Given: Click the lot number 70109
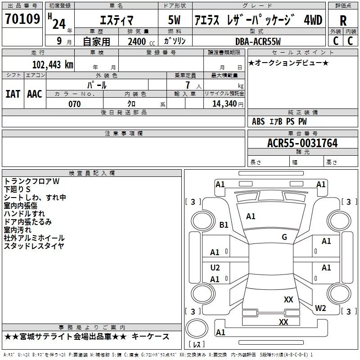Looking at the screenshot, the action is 22,19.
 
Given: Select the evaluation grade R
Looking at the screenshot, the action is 343,21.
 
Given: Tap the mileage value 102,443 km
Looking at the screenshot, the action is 53,65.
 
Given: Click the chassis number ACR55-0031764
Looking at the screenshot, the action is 302,143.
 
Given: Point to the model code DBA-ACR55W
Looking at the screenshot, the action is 258,41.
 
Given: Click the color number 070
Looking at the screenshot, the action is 75,104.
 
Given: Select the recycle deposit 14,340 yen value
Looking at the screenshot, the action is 228,104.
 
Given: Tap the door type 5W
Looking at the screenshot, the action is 174,20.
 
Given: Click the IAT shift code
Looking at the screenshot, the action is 13,94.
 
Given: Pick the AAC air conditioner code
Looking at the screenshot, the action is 35,94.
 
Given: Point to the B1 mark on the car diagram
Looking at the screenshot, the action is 224,225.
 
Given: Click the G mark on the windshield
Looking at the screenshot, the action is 284,237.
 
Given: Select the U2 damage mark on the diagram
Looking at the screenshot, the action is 215,267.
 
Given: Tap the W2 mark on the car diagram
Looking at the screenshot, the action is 320,308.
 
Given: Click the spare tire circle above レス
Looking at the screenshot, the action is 197,329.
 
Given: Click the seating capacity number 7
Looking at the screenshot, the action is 188,85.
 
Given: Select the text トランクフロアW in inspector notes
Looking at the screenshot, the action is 31,181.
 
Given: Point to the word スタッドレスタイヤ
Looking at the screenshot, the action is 34,246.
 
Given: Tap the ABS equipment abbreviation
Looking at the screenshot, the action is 258,121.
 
